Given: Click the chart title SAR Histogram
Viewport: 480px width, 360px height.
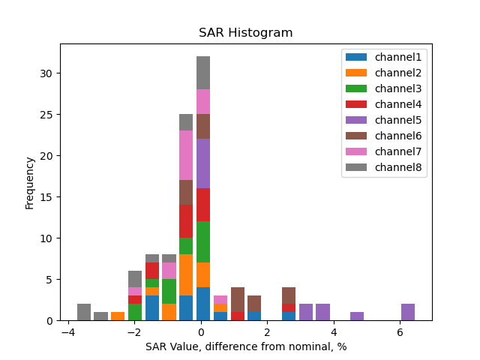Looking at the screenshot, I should pyautogui.click(x=245, y=33).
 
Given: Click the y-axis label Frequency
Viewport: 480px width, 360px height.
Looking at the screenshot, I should pyautogui.click(x=30, y=182).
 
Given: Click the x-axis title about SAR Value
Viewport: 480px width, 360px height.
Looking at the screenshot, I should pyautogui.click(x=245, y=346).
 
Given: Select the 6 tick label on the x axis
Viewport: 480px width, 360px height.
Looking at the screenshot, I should pyautogui.click(x=400, y=332).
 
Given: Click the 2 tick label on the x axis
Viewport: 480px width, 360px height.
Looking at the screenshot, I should pyautogui.click(x=268, y=332).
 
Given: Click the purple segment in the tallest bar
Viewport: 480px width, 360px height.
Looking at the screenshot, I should pyautogui.click(x=202, y=163).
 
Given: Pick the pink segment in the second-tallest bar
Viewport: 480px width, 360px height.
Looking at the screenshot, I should pyautogui.click(x=186, y=155).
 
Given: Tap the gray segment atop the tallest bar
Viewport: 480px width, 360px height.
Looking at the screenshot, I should pyautogui.click(x=202, y=73).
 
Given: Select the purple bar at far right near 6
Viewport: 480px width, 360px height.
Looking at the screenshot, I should pyautogui.click(x=408, y=312).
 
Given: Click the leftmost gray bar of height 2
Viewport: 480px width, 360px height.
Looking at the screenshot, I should pyautogui.click(x=84, y=312).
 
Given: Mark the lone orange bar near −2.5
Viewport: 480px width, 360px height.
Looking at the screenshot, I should pyautogui.click(x=118, y=316).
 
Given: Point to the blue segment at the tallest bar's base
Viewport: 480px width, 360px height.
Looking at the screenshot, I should pyautogui.click(x=202, y=304).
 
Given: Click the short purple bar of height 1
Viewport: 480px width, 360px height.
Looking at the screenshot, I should pyautogui.click(x=357, y=316).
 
